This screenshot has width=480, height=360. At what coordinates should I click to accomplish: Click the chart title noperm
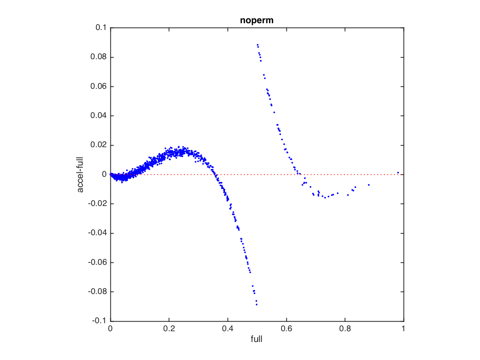[x=257, y=20]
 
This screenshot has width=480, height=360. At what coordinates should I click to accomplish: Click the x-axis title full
[x=257, y=340]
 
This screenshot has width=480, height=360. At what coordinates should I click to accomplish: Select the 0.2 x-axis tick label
[x=169, y=329]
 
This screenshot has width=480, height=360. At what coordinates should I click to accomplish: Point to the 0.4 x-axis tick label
[x=228, y=329]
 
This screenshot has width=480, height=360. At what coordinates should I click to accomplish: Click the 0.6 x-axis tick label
[x=286, y=329]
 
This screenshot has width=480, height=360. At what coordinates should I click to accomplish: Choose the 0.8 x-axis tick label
[x=345, y=329]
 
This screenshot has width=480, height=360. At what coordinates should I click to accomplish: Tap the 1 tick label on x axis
[x=403, y=329]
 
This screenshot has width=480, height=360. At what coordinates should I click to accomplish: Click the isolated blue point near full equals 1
[x=398, y=173]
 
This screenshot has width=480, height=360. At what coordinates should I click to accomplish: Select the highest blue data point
[x=258, y=45]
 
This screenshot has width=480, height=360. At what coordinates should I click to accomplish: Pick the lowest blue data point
[x=256, y=305]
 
